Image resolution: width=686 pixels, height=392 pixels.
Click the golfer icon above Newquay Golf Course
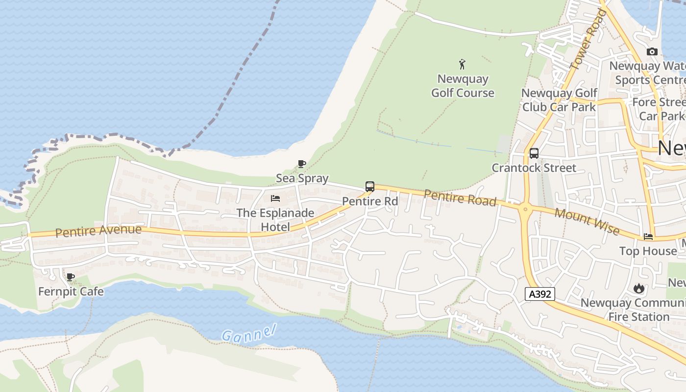[x=462, y=64]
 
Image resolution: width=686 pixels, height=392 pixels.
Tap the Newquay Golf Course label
[x=462, y=86]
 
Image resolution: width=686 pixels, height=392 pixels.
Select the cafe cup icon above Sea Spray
[x=302, y=164]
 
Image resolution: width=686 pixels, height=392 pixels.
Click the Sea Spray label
[x=302, y=178]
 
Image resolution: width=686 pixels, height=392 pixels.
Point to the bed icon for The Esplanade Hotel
[x=275, y=198]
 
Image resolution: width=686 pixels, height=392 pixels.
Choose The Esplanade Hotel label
[x=275, y=220]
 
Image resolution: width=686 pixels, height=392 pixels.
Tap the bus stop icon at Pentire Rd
[x=370, y=187]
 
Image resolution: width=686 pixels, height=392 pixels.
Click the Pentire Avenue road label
[x=98, y=230]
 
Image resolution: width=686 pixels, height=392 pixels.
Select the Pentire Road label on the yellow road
[x=460, y=197]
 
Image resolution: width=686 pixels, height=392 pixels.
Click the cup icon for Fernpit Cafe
[x=71, y=277]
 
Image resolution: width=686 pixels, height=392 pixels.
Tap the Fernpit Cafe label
[x=71, y=292]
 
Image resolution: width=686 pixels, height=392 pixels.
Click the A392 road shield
[x=540, y=294]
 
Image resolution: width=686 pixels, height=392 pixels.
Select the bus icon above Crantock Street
[x=534, y=153]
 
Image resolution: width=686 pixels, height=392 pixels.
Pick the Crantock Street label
[x=534, y=168]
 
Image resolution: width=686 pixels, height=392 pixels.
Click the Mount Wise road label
[x=587, y=221]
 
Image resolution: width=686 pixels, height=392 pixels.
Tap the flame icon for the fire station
[x=638, y=288]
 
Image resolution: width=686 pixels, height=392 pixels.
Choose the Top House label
[x=648, y=251]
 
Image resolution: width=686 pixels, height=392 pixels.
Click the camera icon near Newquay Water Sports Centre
[x=652, y=52]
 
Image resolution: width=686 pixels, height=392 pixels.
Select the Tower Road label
[x=589, y=39]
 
